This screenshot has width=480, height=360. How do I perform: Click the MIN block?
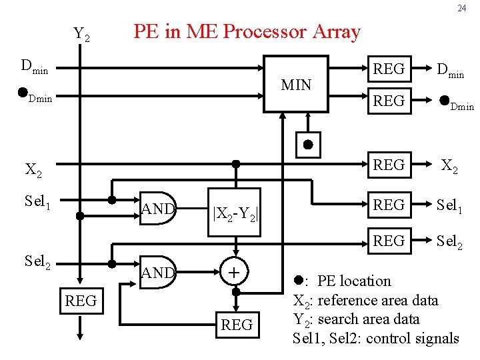(296, 85)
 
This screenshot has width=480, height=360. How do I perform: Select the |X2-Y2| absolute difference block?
(235, 214)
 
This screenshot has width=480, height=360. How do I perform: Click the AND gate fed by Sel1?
(157, 209)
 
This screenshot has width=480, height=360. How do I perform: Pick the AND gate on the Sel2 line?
(157, 272)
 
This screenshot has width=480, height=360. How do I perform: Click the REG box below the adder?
(237, 325)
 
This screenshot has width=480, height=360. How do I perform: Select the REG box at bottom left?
(81, 301)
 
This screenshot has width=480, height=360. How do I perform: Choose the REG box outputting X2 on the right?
(389, 165)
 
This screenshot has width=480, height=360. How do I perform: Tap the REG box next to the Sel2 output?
(389, 240)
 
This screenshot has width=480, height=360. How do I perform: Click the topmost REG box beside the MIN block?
(389, 69)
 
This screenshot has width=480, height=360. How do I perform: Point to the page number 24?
(461, 9)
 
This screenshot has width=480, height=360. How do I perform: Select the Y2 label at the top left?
(82, 33)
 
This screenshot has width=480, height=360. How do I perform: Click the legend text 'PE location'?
(354, 281)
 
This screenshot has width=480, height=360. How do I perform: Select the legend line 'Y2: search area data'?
(357, 319)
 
